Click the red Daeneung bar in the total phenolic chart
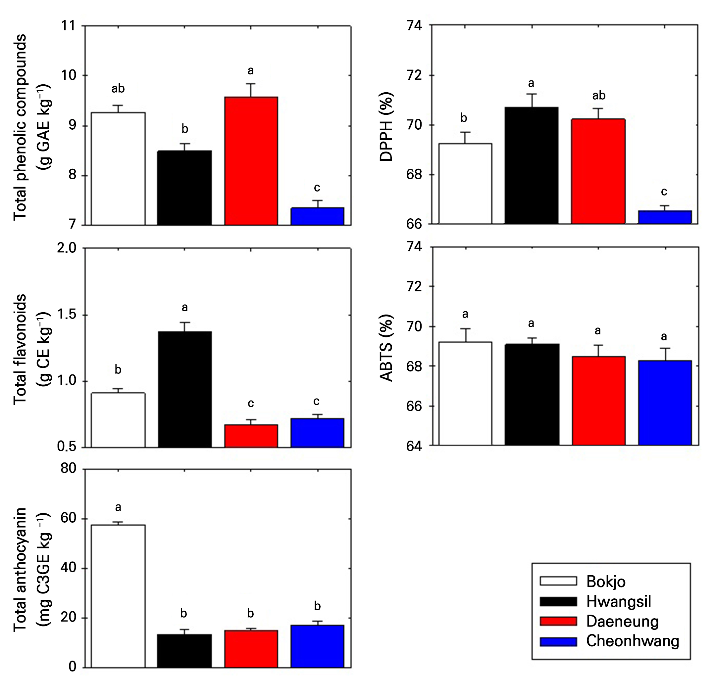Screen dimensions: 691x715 (x=251, y=161)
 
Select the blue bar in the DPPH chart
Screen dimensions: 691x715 (x=665, y=217)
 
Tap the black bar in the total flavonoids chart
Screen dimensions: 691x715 (x=184, y=389)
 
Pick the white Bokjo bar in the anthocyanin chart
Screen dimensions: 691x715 (x=118, y=596)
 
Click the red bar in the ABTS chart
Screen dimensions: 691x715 (x=599, y=401)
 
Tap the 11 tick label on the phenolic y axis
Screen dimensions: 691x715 (x=68, y=26)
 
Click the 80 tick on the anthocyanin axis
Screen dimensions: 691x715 (x=68, y=468)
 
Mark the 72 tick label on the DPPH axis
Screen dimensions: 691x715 (x=414, y=75)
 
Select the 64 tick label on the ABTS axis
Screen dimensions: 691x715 (x=414, y=447)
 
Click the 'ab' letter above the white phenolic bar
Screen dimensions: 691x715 (x=118, y=88)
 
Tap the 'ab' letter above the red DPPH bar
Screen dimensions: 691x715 (x=599, y=96)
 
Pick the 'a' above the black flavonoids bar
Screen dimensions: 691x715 (x=184, y=308)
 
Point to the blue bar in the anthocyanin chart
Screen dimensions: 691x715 (x=317, y=646)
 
